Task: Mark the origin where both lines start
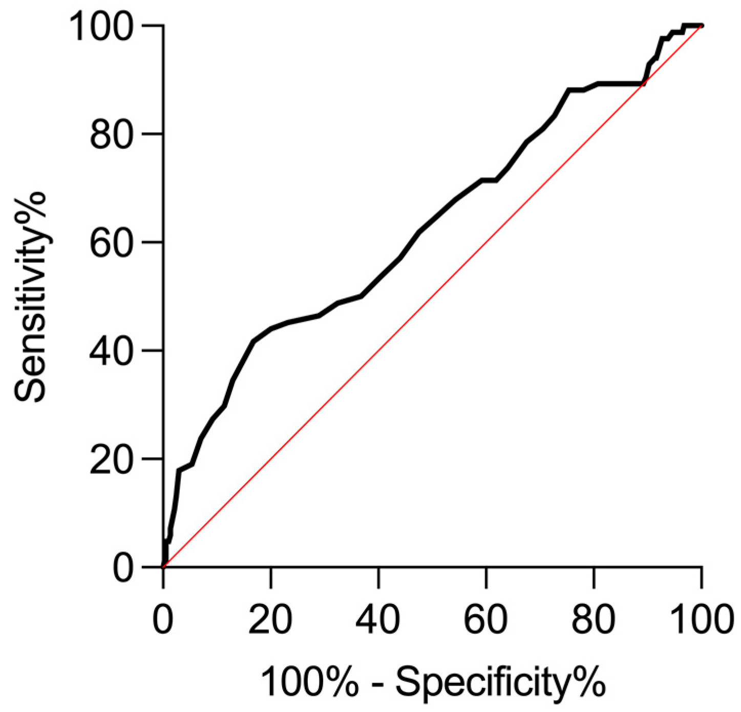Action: (163, 567)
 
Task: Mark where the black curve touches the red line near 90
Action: (643, 83)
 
